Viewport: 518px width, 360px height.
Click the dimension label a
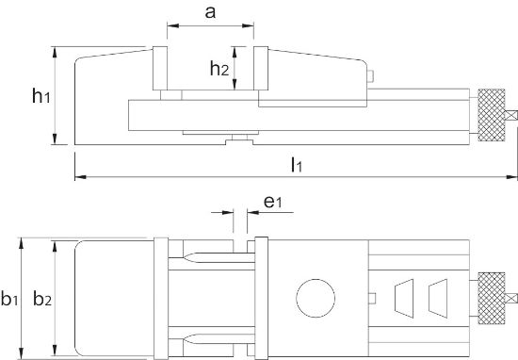point(210,13)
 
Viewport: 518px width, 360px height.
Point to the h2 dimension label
point(218,68)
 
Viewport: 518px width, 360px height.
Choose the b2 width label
point(40,300)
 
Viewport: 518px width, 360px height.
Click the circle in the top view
point(315,299)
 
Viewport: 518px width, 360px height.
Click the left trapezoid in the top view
point(404,298)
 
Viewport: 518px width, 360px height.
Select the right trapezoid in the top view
point(438,298)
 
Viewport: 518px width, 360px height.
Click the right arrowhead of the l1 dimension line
point(512,175)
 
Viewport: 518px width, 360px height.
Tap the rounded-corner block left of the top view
point(113,298)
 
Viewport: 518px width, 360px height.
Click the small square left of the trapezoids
point(373,299)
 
